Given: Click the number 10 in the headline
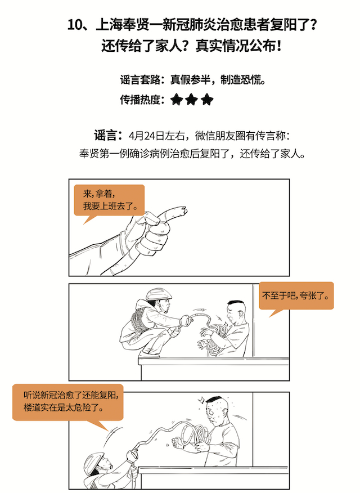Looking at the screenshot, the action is coord(75,25).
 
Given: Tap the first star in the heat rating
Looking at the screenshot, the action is coord(177,100).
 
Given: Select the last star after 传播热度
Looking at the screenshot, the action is coord(207,100).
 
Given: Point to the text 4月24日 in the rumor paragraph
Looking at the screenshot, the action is coord(146,136).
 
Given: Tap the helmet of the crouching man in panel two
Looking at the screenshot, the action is coord(159,294).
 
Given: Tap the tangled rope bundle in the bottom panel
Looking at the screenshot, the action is coord(195,436).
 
